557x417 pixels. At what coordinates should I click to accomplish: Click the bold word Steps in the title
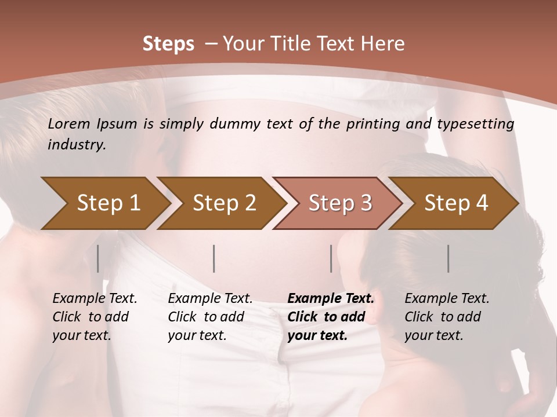click(x=168, y=44)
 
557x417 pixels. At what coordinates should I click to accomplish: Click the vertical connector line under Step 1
click(x=98, y=258)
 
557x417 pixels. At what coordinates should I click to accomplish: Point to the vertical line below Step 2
click(x=214, y=258)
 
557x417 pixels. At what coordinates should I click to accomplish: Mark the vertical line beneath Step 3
click(x=331, y=258)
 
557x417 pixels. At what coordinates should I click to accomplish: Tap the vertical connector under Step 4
click(x=449, y=258)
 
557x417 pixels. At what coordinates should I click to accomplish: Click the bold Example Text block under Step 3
click(x=331, y=317)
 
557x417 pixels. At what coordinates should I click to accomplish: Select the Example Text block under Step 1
click(x=95, y=317)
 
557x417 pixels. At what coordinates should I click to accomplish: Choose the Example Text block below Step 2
click(x=210, y=317)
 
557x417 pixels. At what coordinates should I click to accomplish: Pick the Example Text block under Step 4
click(x=447, y=317)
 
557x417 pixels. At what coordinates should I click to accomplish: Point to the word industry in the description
click(x=76, y=145)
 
